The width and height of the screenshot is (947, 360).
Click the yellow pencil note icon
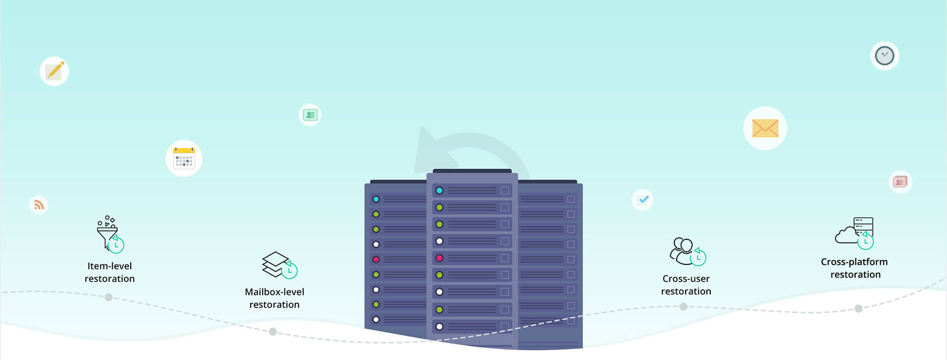(54, 71)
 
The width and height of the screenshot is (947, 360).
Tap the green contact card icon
(310, 115)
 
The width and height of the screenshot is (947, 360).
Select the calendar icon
(184, 158)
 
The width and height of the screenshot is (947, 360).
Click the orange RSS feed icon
(39, 205)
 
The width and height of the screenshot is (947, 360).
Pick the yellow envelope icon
(765, 128)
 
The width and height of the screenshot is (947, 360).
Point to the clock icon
(884, 56)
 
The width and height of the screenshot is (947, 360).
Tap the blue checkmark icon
(643, 200)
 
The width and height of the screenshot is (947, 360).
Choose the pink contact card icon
(900, 182)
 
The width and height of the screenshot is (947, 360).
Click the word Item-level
(109, 266)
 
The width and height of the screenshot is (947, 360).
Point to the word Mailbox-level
(275, 292)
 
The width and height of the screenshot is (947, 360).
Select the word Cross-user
(686, 279)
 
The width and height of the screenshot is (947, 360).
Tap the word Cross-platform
(854, 262)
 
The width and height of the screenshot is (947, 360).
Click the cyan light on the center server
(439, 190)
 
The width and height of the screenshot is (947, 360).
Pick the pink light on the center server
(439, 258)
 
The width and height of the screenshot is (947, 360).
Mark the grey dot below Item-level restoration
(108, 297)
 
